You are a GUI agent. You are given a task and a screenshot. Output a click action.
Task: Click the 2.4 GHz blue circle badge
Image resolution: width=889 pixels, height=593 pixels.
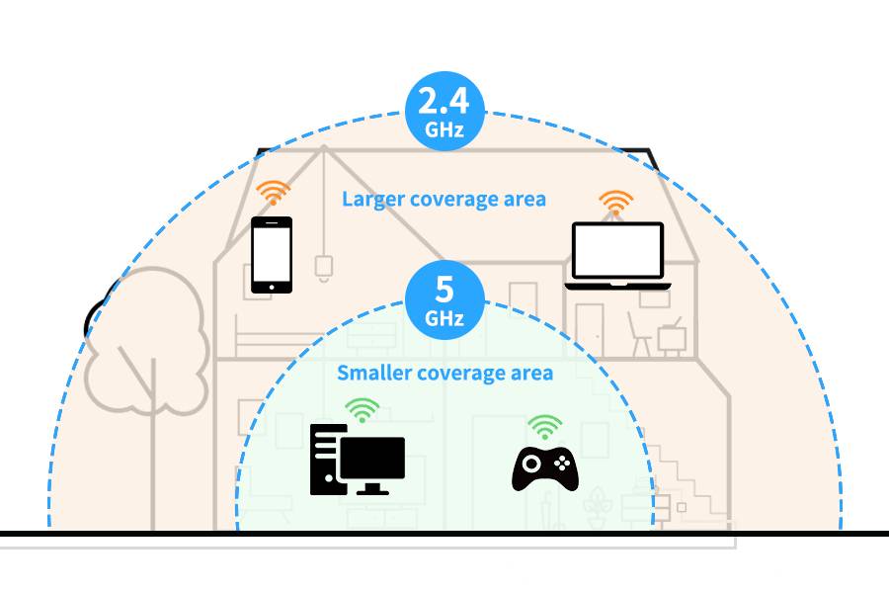[x=444, y=112]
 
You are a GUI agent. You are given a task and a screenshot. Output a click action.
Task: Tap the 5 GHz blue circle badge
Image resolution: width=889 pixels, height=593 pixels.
[x=444, y=299]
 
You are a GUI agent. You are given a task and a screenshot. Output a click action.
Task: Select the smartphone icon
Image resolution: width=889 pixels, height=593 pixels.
[x=271, y=254]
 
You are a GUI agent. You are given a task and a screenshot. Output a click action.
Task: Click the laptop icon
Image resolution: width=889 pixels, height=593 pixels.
[x=618, y=255]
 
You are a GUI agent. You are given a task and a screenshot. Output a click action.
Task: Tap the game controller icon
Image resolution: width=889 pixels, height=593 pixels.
[x=544, y=467]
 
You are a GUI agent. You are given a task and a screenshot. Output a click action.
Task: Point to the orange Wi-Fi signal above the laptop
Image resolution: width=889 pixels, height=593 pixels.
[x=616, y=203]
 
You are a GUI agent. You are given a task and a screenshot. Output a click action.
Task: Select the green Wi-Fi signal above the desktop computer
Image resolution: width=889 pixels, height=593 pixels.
[x=363, y=408]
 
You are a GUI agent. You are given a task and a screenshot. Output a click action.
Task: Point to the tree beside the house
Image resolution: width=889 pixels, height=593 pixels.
[x=148, y=356]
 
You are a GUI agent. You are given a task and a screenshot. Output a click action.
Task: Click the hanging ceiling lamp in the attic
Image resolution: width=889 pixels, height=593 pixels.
[x=321, y=265]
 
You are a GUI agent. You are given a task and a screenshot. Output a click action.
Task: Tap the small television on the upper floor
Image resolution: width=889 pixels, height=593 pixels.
[x=674, y=336]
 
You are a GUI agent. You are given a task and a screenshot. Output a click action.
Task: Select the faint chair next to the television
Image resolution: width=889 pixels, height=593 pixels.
[x=642, y=337]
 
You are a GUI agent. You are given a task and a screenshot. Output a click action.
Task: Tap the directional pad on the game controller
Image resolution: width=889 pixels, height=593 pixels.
[x=529, y=462]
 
